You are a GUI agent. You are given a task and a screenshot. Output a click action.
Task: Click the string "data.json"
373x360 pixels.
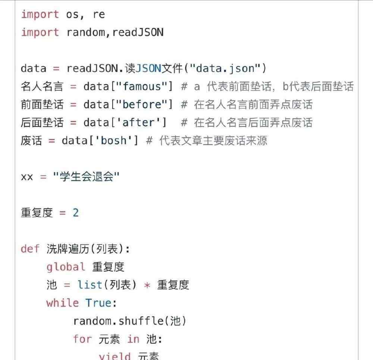tap(225, 69)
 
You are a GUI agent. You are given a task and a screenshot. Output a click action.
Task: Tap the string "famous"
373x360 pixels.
tap(142, 86)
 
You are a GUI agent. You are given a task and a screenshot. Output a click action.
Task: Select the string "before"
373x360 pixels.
tap(142, 104)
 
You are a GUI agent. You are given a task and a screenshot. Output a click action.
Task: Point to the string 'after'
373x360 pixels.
tap(138, 122)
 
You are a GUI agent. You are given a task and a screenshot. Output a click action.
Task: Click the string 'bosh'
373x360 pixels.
tap(113, 140)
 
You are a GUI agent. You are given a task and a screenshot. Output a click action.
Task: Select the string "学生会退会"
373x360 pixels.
tap(86, 177)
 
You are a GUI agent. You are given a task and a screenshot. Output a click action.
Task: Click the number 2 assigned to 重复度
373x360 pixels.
tap(76, 212)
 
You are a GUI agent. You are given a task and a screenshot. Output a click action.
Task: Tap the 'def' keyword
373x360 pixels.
tap(30, 249)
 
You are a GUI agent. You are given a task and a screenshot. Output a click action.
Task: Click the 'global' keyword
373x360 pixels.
tap(66, 267)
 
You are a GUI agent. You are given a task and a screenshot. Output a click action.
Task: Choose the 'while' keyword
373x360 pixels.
tap(62, 303)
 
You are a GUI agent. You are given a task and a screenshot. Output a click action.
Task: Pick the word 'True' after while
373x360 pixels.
tap(98, 303)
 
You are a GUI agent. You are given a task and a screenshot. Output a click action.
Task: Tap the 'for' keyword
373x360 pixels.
tap(82, 339)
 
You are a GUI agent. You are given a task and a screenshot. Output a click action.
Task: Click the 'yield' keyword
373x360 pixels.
tap(115, 356)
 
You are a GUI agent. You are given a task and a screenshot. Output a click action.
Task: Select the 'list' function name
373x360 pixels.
tap(90, 285)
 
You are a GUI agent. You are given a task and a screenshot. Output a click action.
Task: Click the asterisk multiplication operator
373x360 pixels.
tap(147, 285)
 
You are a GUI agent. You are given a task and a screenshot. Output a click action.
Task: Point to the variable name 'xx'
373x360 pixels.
tap(27, 177)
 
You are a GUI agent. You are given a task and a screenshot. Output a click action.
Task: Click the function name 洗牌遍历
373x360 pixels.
tap(68, 249)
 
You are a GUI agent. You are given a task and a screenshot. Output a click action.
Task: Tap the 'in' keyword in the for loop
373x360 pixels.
tap(133, 339)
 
